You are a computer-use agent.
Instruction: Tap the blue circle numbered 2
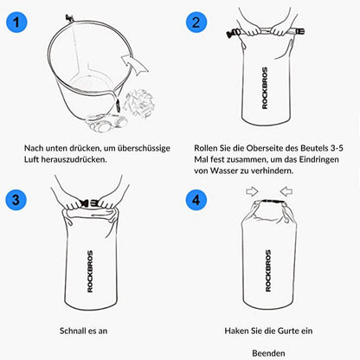point(198,22)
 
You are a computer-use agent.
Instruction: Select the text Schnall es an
point(89,330)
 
